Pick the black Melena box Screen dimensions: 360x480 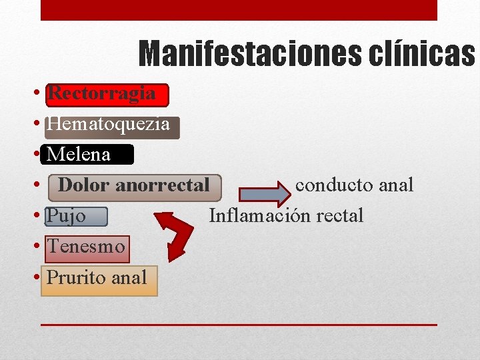click(87, 155)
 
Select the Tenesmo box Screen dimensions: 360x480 click(87, 247)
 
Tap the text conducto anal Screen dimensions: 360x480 click(354, 185)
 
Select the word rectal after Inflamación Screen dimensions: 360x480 click(340, 215)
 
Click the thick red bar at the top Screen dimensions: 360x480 click(239, 9)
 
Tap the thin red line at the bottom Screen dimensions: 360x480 click(239, 325)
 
